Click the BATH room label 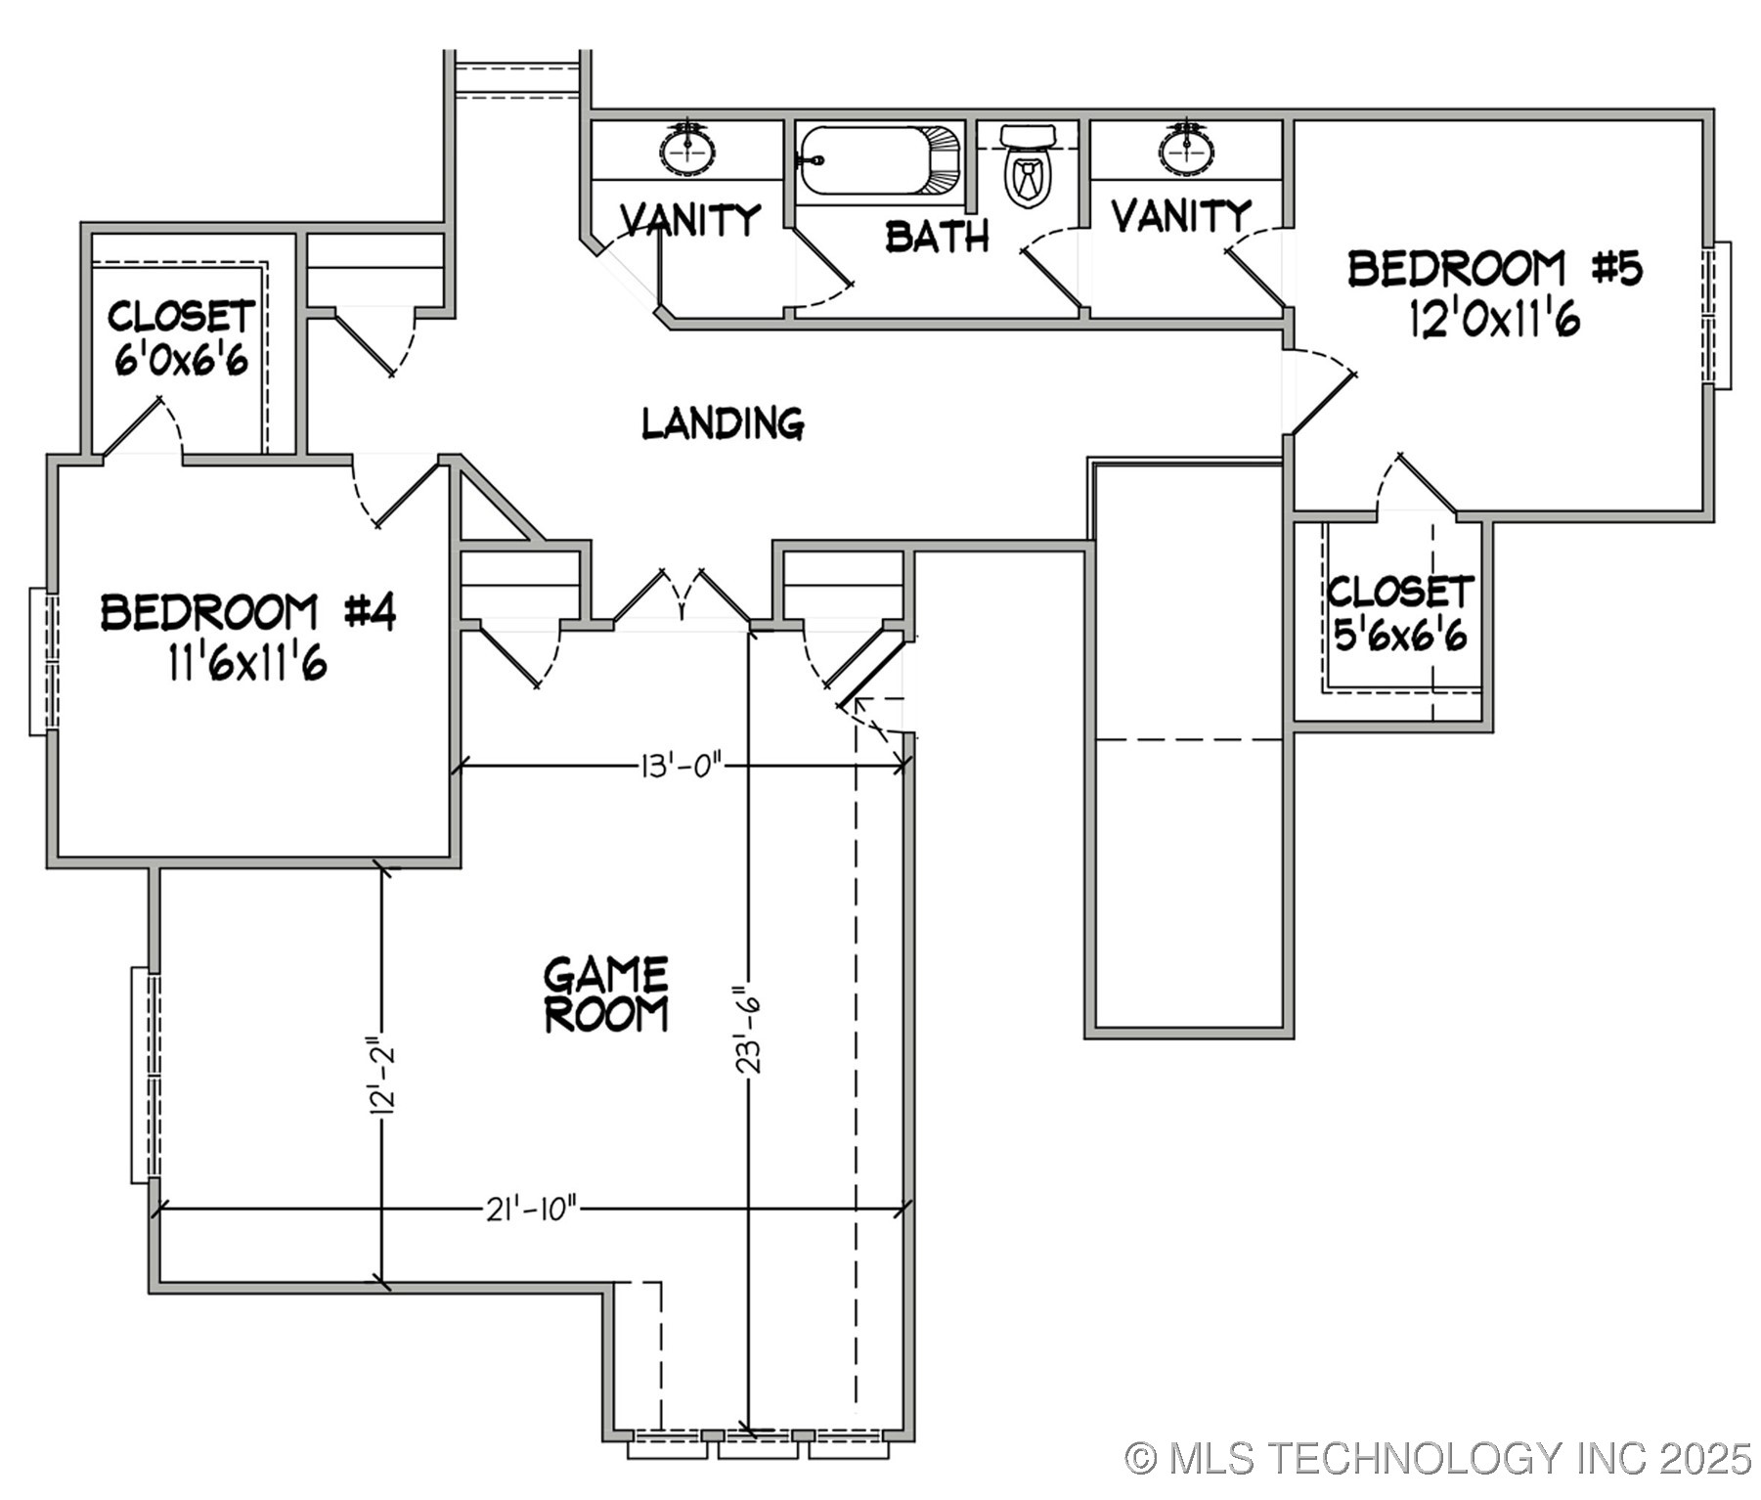click(937, 237)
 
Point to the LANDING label click(723, 423)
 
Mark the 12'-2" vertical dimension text click(382, 1076)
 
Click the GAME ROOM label click(606, 995)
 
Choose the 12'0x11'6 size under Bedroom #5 click(1494, 319)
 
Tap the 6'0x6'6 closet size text click(182, 360)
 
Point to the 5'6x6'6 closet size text click(1400, 637)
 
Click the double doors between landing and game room click(682, 596)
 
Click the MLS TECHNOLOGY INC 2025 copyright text click(1437, 1458)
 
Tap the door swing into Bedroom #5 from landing click(1322, 391)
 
